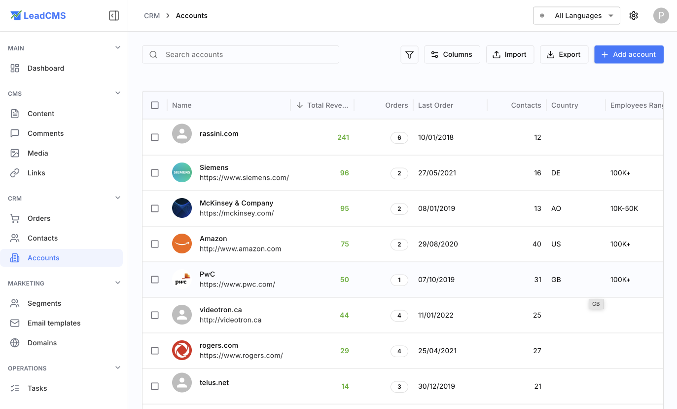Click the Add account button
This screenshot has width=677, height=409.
pos(629,54)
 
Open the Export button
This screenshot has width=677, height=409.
pos(564,54)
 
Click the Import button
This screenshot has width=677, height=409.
pos(510,54)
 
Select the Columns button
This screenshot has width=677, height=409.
pos(452,54)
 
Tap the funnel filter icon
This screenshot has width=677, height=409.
pos(409,54)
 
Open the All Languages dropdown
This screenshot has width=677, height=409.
pos(576,16)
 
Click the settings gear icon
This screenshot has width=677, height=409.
pos(634,16)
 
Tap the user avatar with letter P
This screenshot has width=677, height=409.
pos(661,16)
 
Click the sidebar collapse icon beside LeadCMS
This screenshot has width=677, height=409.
pos(114,16)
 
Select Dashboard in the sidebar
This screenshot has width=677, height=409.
pos(46,68)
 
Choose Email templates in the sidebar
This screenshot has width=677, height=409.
pos(54,323)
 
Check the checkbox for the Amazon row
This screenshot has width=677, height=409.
pos(155,244)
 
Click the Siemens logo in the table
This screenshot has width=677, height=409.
pos(182,172)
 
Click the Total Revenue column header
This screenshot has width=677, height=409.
pos(327,105)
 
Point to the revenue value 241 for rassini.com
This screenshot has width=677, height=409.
pos(343,137)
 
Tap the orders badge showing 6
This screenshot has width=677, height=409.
pos(399,138)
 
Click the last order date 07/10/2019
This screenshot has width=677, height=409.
pos(436,280)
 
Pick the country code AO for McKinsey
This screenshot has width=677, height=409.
pos(556,208)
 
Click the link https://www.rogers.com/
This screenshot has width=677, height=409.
pos(241,355)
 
